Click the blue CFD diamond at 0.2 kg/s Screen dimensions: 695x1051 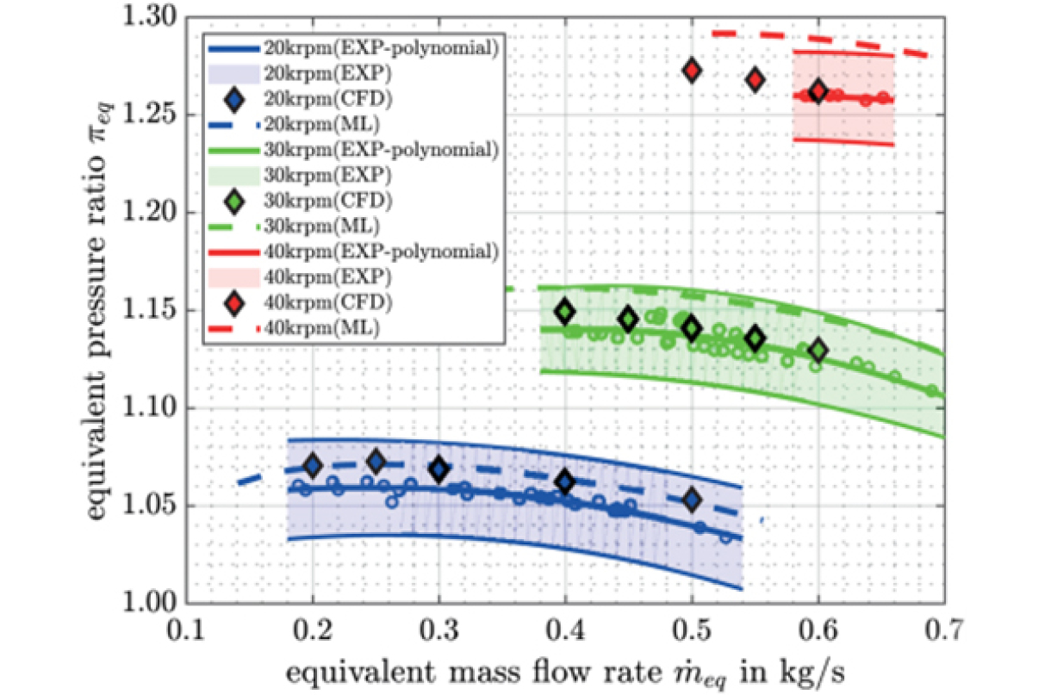click(x=313, y=466)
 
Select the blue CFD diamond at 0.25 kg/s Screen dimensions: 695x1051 click(x=376, y=462)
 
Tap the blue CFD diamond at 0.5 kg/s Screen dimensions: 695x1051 click(x=692, y=500)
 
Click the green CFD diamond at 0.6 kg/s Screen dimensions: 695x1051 click(x=818, y=351)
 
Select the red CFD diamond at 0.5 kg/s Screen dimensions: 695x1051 click(x=692, y=71)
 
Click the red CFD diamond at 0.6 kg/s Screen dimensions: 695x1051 click(x=818, y=91)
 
